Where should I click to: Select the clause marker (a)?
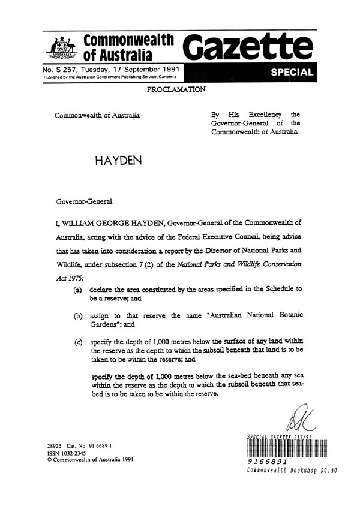tap(78, 289)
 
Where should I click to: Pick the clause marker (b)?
tap(78, 315)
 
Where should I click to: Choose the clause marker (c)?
tap(78, 342)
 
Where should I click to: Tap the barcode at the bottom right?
tap(285, 448)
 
